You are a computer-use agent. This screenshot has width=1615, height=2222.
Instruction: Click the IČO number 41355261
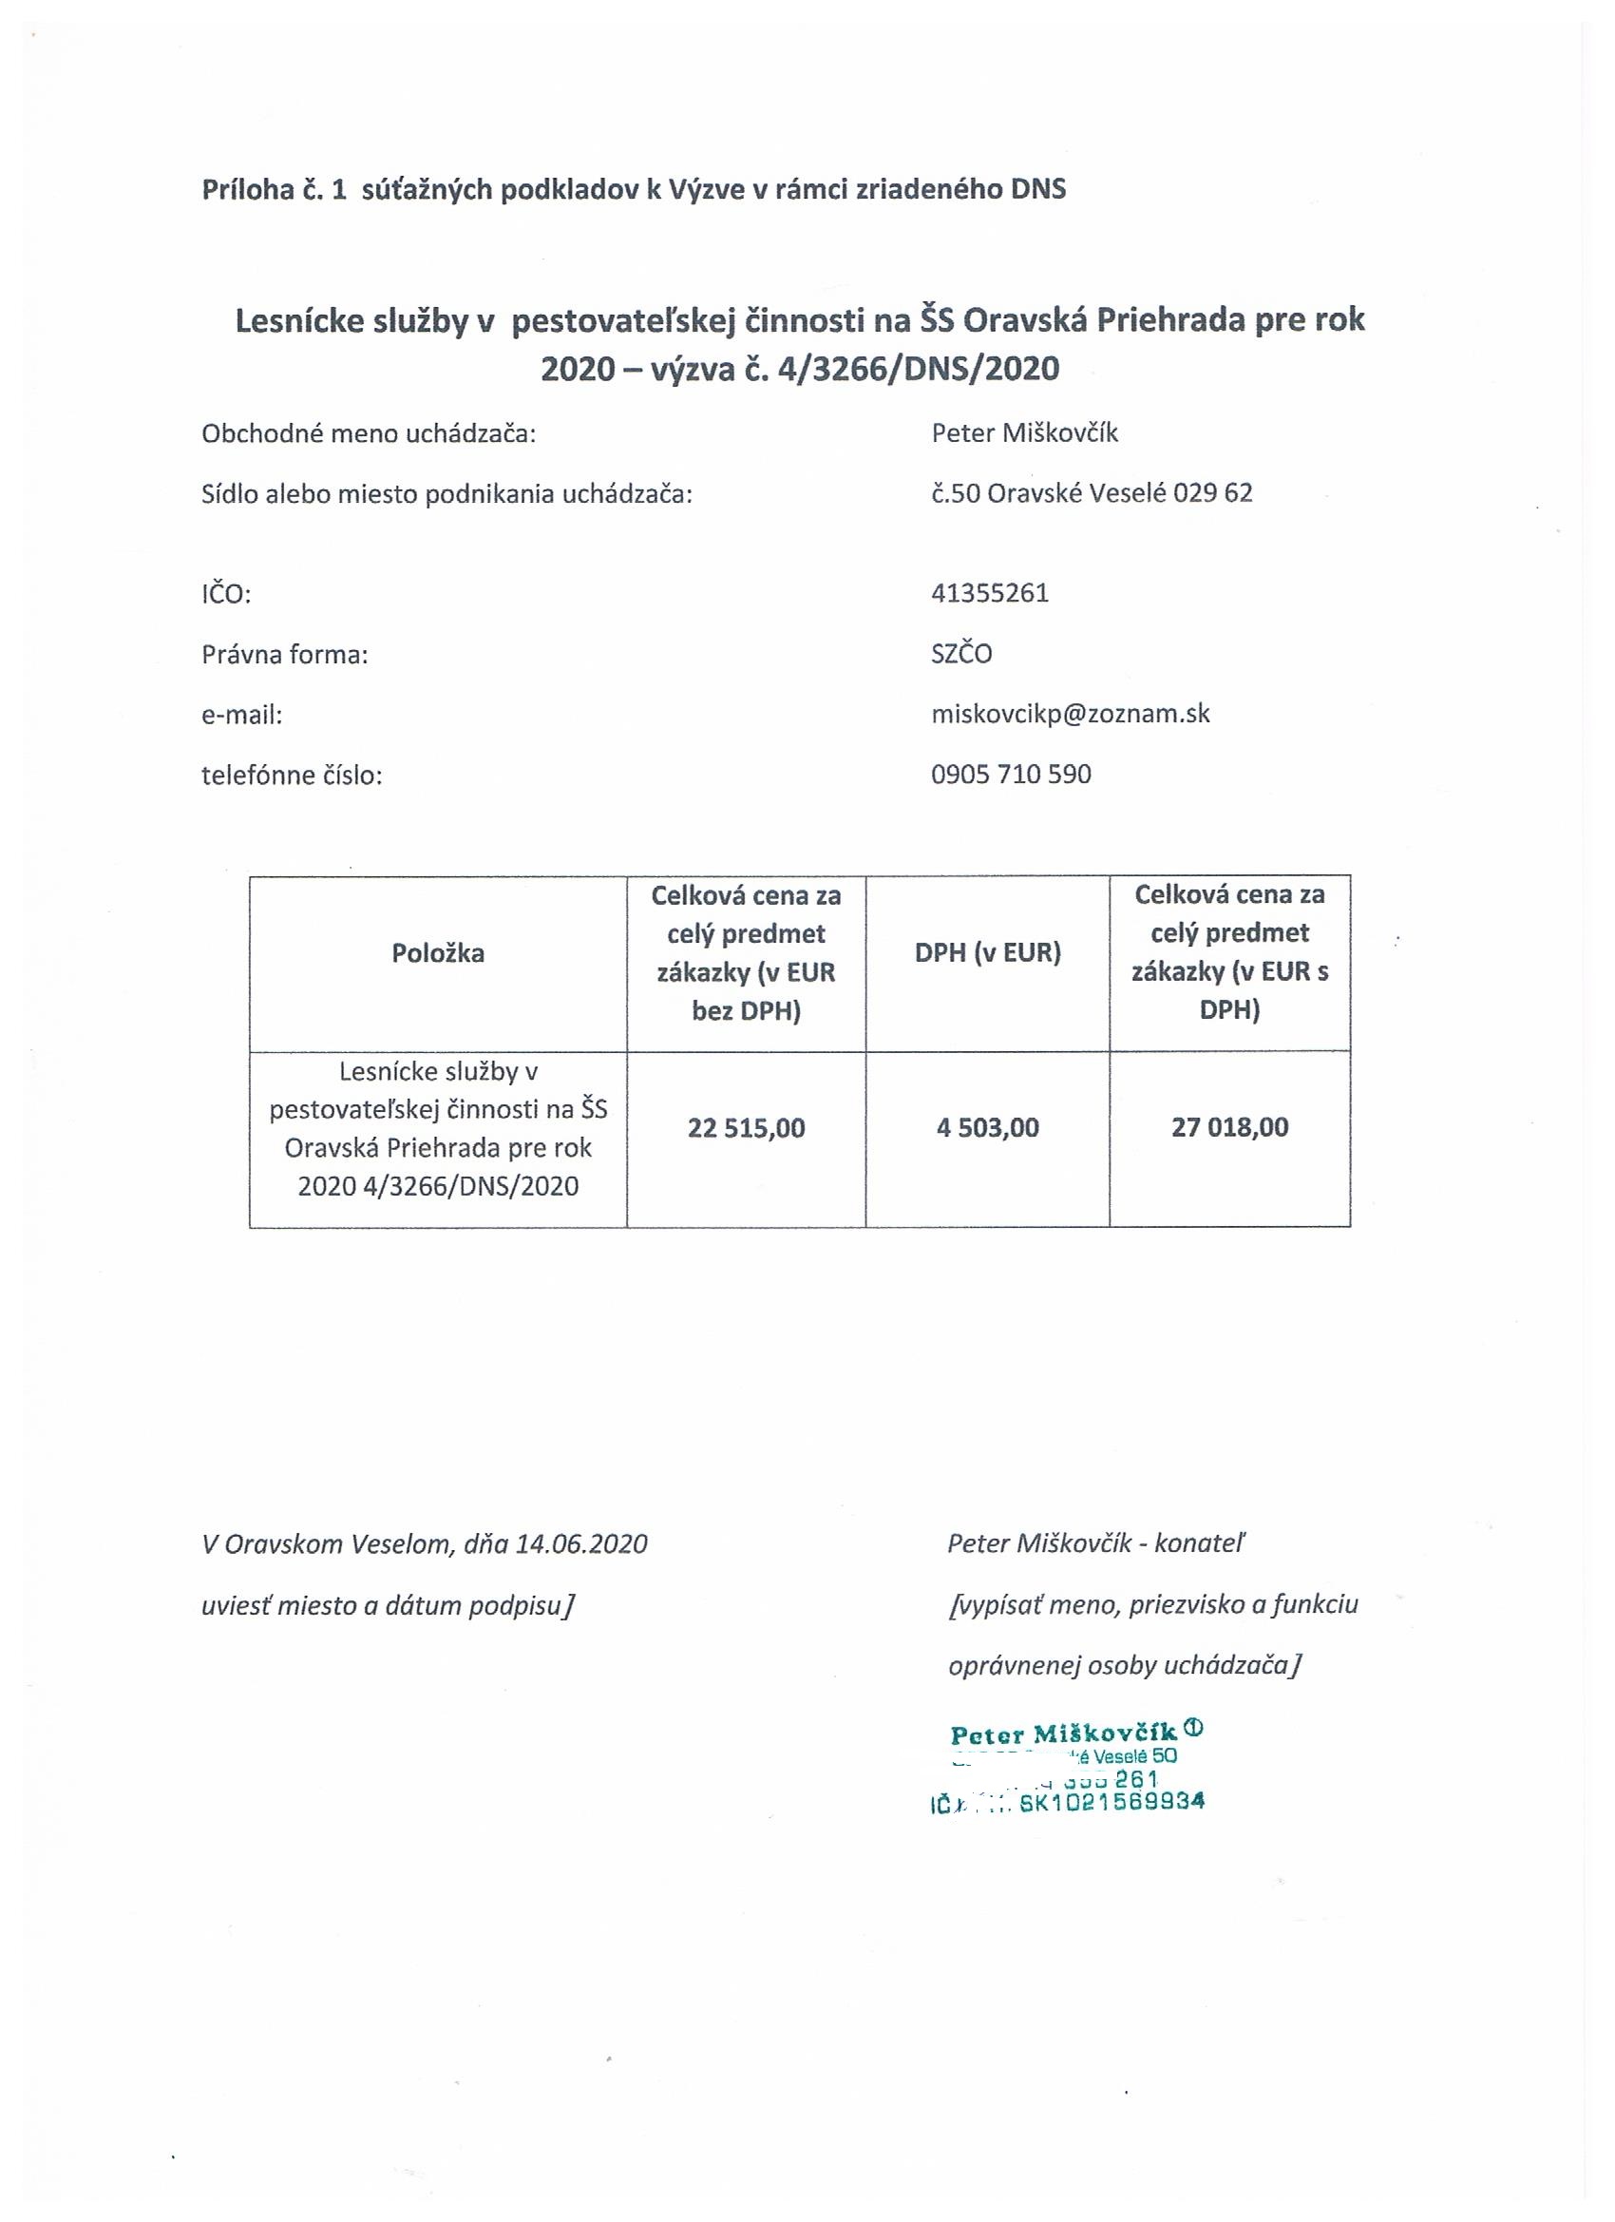[x=989, y=594]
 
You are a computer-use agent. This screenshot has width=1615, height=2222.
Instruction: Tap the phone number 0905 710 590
[x=1011, y=774]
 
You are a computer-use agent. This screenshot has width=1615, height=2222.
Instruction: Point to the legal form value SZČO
[x=960, y=654]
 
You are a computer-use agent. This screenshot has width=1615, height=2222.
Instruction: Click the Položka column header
[x=438, y=953]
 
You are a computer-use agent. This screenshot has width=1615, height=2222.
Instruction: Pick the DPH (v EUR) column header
[x=987, y=952]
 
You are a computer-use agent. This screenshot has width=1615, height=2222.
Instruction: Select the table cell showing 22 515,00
[x=746, y=1128]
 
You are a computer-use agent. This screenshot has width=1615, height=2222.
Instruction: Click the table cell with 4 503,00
[x=987, y=1128]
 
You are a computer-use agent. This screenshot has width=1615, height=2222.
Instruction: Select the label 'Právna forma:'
[x=284, y=655]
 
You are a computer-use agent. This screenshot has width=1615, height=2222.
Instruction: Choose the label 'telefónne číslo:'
[x=291, y=775]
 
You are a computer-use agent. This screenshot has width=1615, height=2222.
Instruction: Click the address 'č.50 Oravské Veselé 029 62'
[x=1091, y=493]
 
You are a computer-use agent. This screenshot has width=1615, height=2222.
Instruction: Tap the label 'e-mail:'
[x=241, y=716]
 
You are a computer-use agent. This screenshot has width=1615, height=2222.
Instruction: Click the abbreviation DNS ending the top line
[x=1037, y=188]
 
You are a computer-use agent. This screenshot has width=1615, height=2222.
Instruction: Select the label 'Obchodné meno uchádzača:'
[x=369, y=434]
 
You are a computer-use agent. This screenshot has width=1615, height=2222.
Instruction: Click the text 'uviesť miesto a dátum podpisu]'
[x=387, y=1605]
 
